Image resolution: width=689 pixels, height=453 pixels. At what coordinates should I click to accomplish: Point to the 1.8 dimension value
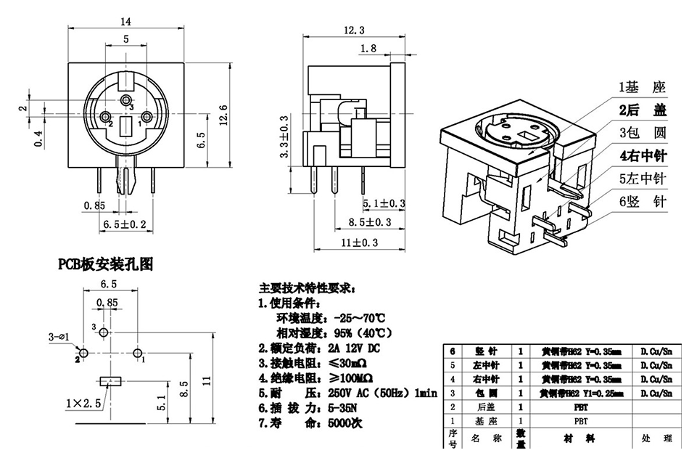(x=368, y=48)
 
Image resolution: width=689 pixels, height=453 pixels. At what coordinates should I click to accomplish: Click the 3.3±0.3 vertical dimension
(x=284, y=137)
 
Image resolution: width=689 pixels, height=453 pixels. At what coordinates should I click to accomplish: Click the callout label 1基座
(x=641, y=88)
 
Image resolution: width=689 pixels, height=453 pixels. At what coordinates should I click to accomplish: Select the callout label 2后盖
(x=641, y=110)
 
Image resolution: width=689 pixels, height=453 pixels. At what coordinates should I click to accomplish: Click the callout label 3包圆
(x=641, y=133)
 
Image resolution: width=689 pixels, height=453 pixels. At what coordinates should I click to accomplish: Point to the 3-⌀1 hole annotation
(x=59, y=337)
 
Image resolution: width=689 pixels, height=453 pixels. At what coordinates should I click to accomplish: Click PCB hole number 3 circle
(x=104, y=332)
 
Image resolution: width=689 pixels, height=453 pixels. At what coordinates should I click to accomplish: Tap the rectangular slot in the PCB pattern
(x=110, y=380)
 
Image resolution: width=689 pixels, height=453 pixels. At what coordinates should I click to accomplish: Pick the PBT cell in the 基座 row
(x=581, y=420)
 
